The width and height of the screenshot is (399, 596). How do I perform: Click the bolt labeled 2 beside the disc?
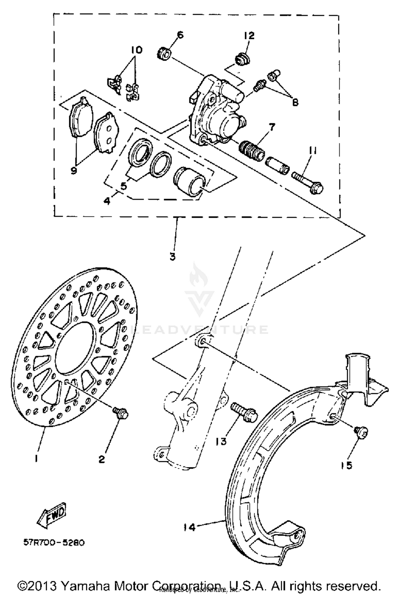[121, 413]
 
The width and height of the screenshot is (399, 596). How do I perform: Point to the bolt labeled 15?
[360, 431]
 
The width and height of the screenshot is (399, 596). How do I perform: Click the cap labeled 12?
[242, 60]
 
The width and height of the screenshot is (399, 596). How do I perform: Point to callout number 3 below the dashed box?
[172, 257]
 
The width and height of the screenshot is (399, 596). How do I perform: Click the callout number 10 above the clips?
[136, 49]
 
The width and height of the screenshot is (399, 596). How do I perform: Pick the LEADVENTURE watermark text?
[199, 330]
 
